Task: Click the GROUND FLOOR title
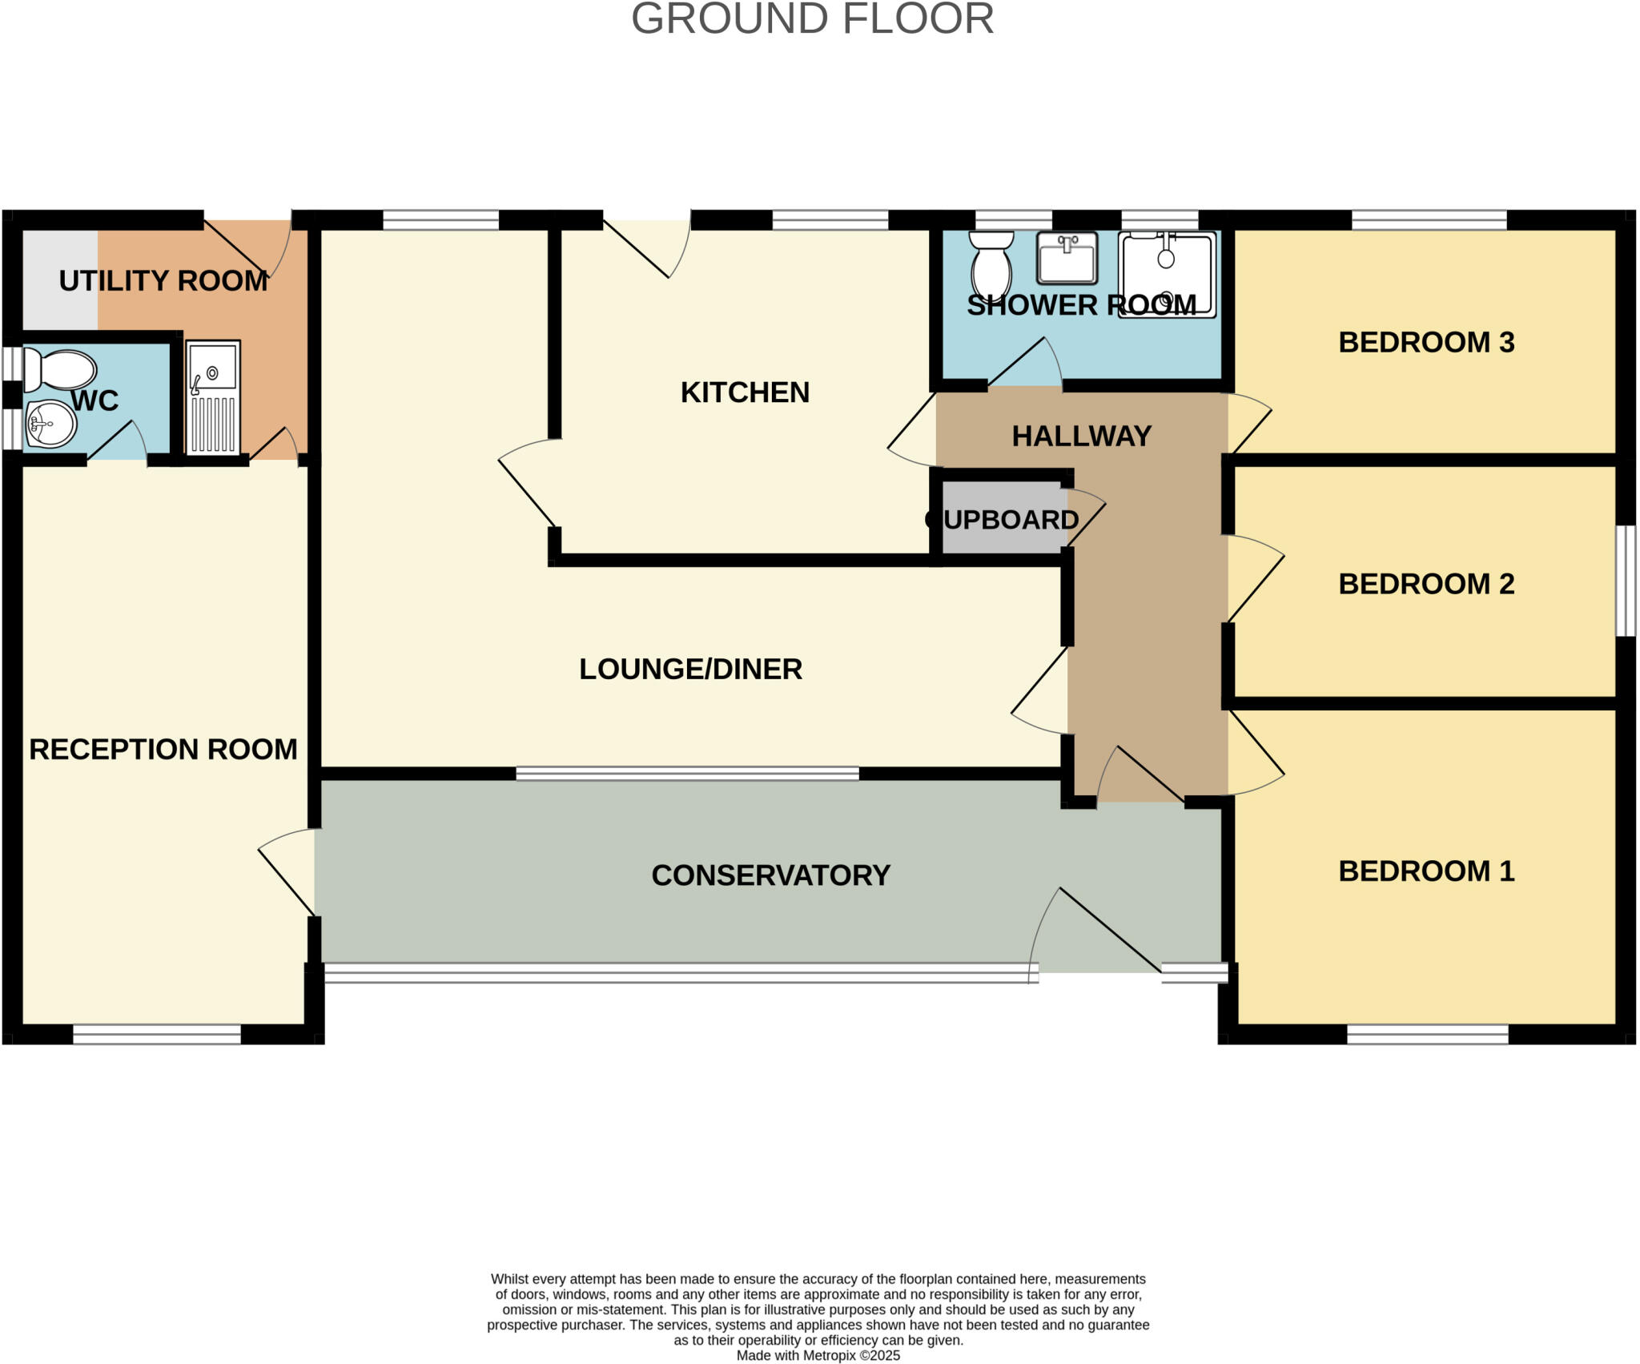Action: click(x=812, y=19)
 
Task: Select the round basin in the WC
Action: click(x=51, y=424)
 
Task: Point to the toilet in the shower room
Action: click(x=991, y=264)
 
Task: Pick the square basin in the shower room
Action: click(x=1067, y=259)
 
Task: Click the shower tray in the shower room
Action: click(x=1167, y=275)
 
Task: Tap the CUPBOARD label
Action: click(x=1003, y=520)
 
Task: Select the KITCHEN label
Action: click(x=745, y=392)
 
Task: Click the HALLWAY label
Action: click(x=1081, y=437)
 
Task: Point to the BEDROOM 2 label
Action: click(x=1426, y=584)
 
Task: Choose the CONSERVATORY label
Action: click(x=770, y=875)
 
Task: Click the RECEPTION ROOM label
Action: click(x=163, y=750)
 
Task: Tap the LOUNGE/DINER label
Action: click(x=690, y=670)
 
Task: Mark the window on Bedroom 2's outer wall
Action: click(x=1625, y=581)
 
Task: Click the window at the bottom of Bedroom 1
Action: click(x=1427, y=1034)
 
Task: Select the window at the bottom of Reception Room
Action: click(x=157, y=1034)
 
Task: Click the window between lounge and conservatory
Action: click(x=687, y=773)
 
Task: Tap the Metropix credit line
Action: click(x=818, y=1355)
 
